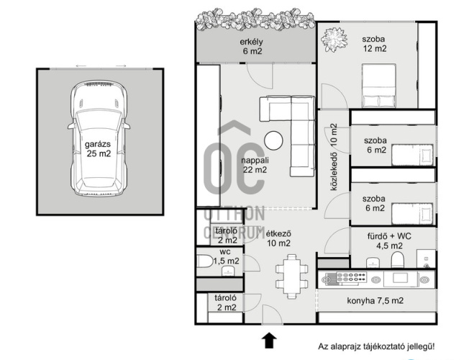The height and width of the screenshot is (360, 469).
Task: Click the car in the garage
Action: (x=99, y=138)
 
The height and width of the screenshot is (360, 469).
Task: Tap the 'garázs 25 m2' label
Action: (x=98, y=149)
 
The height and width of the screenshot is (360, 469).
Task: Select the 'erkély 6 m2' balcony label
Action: (x=252, y=46)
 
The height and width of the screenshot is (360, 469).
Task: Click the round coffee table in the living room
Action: (x=273, y=140)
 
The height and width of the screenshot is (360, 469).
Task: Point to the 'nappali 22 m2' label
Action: (x=255, y=165)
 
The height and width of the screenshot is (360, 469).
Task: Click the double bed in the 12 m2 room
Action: (x=378, y=86)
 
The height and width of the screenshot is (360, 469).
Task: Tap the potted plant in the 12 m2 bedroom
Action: (x=334, y=40)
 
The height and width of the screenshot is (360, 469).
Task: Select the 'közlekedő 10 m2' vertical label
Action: (x=334, y=157)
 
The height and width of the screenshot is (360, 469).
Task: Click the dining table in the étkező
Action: (x=291, y=276)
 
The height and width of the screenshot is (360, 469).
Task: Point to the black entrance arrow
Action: (x=269, y=341)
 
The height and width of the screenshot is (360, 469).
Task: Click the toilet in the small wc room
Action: (x=204, y=261)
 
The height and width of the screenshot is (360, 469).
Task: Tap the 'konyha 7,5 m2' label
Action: (x=375, y=300)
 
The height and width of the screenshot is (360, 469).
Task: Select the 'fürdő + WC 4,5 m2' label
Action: (x=389, y=240)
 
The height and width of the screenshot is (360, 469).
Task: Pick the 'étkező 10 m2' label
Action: (x=278, y=238)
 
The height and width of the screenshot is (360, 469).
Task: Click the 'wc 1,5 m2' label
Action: (x=227, y=256)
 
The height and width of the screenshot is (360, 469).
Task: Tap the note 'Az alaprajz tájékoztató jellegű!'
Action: (x=376, y=347)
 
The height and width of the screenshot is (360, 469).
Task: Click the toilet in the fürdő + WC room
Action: (x=398, y=259)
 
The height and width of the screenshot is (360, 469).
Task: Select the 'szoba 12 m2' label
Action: (x=375, y=44)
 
